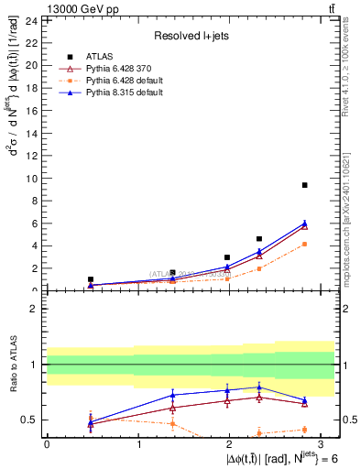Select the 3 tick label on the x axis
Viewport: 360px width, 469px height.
(322, 443)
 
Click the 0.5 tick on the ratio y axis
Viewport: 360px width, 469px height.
(34, 420)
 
